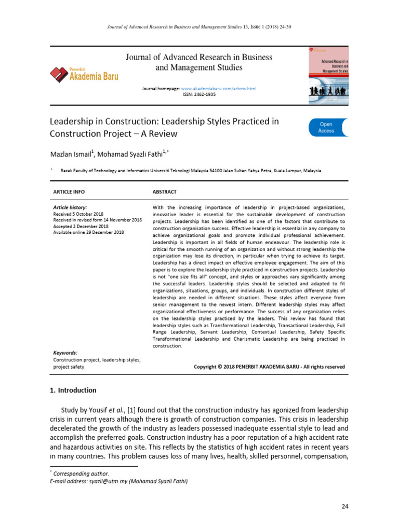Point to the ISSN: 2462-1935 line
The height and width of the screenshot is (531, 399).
199,94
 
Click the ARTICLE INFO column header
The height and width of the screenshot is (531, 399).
71,192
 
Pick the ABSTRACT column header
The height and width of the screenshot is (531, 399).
164,192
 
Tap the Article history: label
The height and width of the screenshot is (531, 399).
70,207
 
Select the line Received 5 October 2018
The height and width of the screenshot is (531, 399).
81,214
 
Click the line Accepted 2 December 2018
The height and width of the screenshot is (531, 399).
81,226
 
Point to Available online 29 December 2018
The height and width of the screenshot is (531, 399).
88,232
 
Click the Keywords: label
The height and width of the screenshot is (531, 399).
65,353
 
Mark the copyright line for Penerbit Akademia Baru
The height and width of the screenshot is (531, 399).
269,367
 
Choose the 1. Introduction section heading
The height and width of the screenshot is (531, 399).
73,390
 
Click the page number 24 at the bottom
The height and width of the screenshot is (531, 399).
344,506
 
